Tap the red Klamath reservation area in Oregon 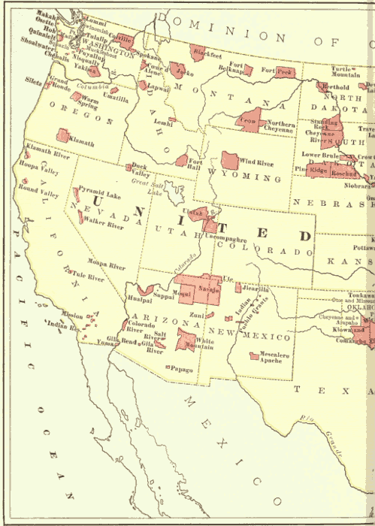click(62, 135)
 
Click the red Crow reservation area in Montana click(249, 119)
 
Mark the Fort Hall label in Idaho click(195, 164)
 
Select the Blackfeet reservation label click(207, 54)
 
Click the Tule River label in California click(89, 278)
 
